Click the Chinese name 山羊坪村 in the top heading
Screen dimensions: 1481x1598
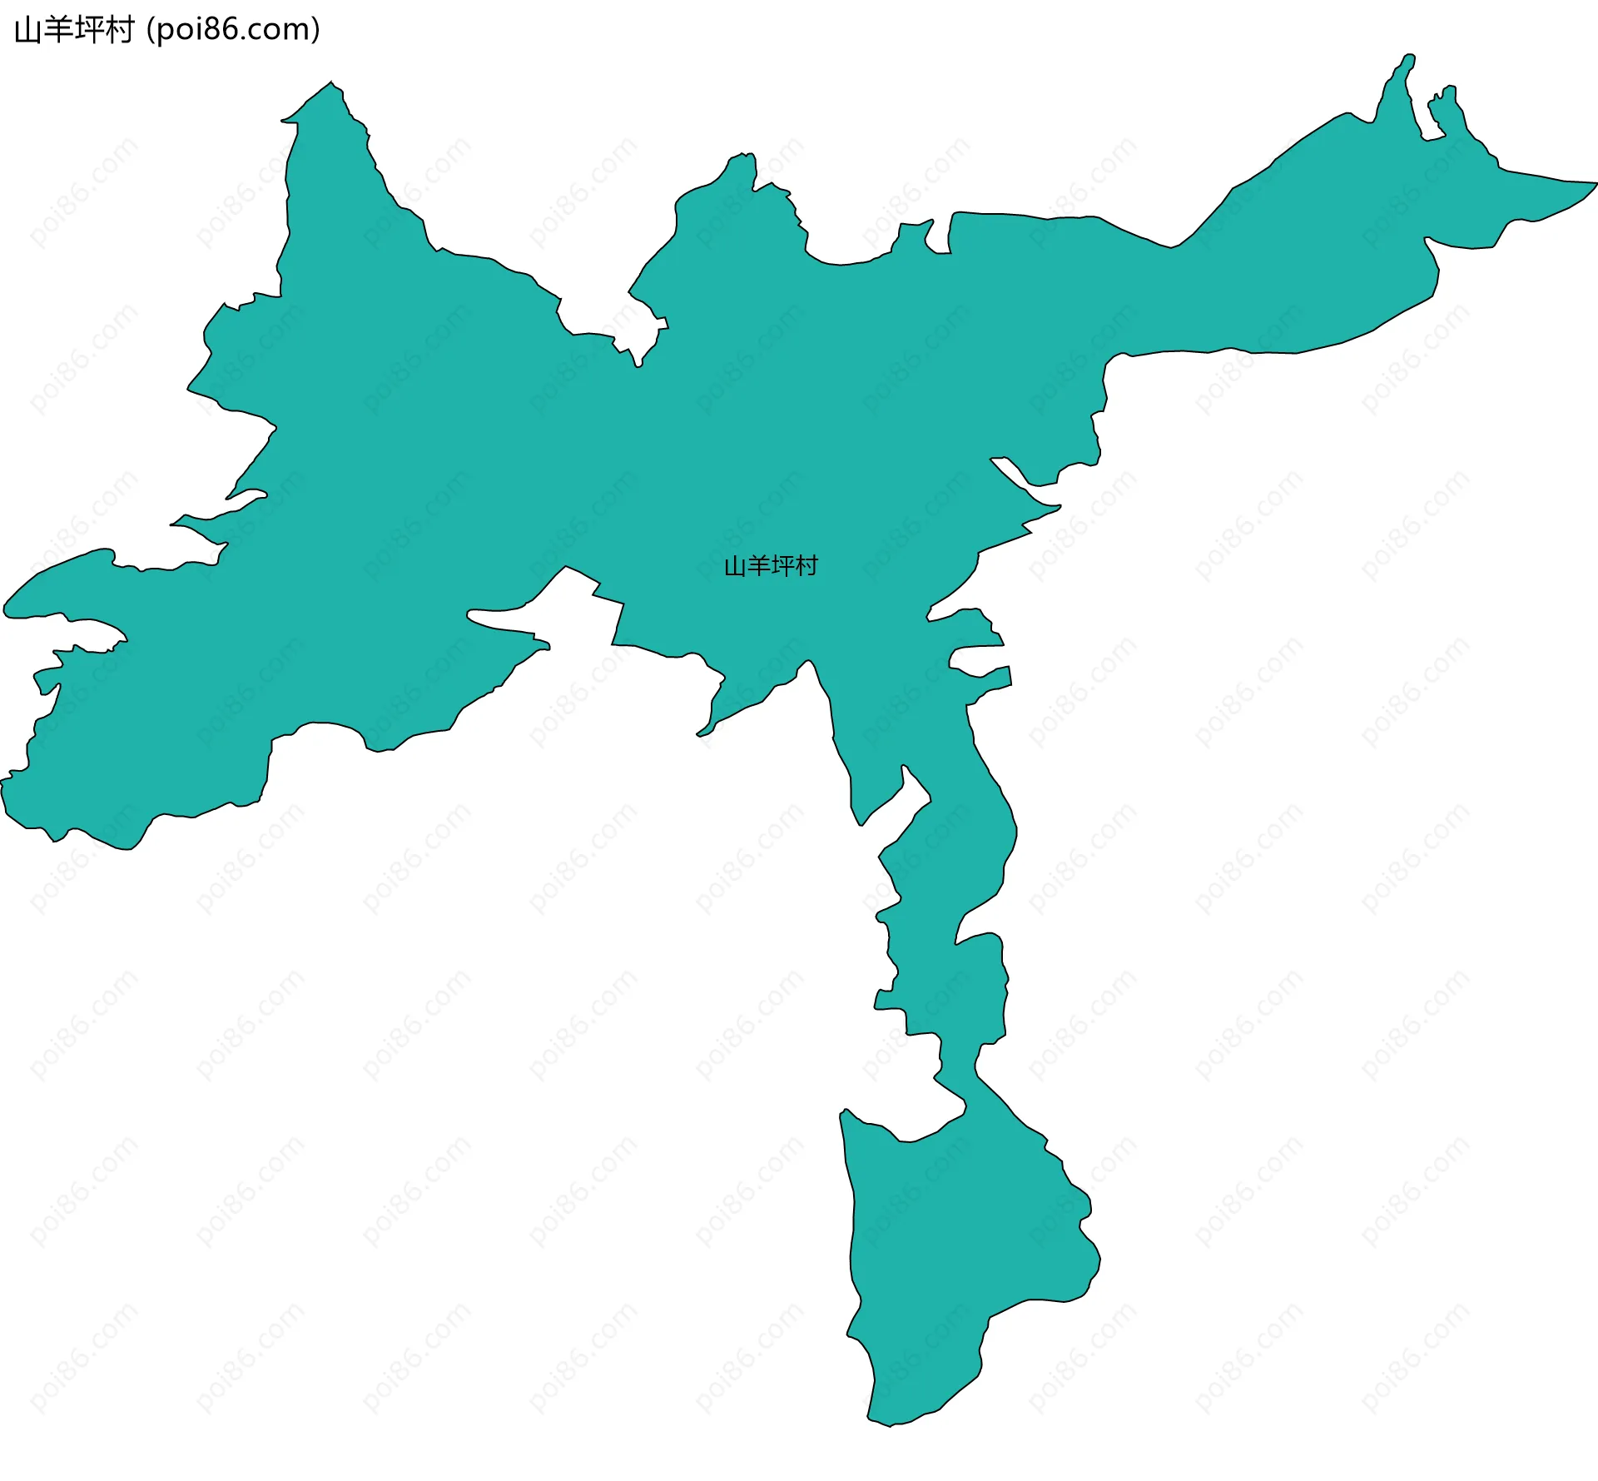coord(74,30)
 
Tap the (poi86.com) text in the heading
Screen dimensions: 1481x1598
coord(233,30)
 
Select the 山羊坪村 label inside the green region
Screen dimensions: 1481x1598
coord(771,566)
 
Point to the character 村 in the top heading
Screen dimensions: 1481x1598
coord(119,30)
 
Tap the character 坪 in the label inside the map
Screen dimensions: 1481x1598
coord(783,566)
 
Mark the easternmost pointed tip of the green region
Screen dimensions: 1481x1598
coord(1595,184)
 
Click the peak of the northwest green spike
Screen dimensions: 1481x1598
coord(331,84)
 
